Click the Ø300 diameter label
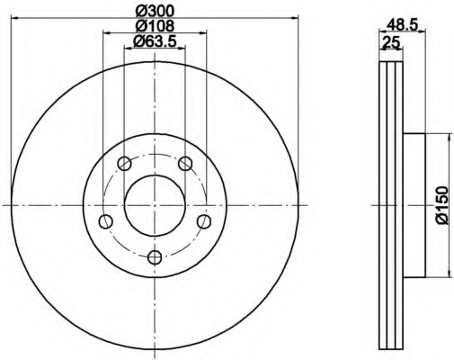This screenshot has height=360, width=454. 155,12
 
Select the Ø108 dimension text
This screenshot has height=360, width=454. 155,26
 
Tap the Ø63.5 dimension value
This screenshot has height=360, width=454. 155,40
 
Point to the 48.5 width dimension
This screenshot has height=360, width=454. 403,24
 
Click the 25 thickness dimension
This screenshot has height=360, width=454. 390,42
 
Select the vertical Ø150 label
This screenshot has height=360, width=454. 441,205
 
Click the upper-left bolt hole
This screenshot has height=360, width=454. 124,164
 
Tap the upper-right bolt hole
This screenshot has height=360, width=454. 185,164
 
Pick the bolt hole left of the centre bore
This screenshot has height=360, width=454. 105,221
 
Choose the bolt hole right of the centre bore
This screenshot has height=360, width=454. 204,221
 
